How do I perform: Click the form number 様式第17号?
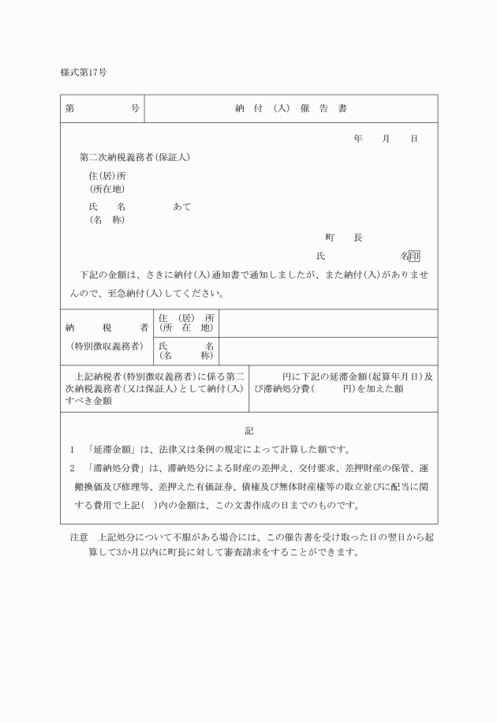[x=84, y=72]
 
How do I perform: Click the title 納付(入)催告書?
[x=291, y=109]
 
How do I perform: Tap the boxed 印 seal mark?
[x=414, y=256]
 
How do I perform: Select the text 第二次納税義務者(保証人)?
[x=135, y=157]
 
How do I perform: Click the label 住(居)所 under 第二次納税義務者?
[x=107, y=176]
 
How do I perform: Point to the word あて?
[x=181, y=207]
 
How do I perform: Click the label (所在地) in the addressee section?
[x=107, y=189]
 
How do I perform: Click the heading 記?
[x=249, y=431]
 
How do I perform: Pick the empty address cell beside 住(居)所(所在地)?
[x=327, y=323]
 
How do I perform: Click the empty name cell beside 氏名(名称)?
[x=327, y=350]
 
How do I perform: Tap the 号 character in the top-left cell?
[x=135, y=109]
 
